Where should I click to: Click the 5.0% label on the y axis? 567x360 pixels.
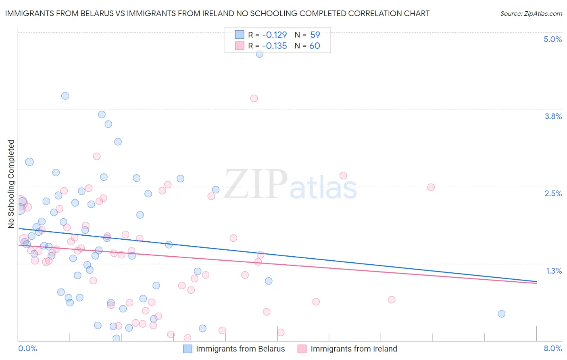[x=552, y=39]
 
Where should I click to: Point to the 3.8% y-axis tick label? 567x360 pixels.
[x=553, y=116]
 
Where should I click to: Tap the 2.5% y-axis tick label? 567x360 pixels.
[x=553, y=193]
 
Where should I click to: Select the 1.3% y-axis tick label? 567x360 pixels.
[x=554, y=271]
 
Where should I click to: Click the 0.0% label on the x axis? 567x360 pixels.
[x=27, y=348]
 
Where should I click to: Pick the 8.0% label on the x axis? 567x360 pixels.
[x=552, y=348]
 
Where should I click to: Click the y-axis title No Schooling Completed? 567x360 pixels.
[x=11, y=184]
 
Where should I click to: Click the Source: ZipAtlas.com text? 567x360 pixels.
[x=531, y=13]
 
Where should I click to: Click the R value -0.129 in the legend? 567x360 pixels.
[x=274, y=35]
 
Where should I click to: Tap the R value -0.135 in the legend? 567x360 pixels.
[x=274, y=46]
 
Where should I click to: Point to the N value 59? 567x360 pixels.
[x=315, y=35]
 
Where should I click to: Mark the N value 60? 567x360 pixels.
[x=315, y=46]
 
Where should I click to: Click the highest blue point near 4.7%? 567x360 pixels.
[x=259, y=54]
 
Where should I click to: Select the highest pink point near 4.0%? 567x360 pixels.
[x=254, y=98]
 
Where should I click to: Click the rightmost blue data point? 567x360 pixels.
[x=501, y=314]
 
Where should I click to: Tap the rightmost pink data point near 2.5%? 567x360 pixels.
[x=431, y=187]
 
